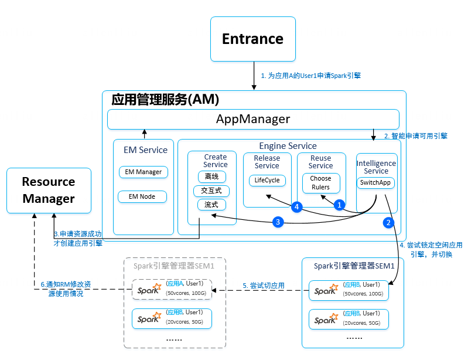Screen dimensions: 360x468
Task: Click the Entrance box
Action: (x=252, y=39)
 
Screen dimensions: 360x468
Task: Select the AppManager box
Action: (x=253, y=120)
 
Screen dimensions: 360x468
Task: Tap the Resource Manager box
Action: (x=49, y=190)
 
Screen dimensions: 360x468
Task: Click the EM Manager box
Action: (x=144, y=172)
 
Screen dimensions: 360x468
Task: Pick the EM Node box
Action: (x=144, y=196)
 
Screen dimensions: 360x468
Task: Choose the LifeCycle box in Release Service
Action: (x=267, y=180)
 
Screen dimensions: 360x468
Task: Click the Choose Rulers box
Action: (x=320, y=183)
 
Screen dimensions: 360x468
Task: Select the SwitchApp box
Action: (x=376, y=183)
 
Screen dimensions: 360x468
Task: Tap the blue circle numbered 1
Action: (x=338, y=205)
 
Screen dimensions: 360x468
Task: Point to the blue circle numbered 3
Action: (x=278, y=222)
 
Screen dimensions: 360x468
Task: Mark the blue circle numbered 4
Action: (x=297, y=206)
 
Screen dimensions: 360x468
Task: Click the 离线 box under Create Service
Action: (x=211, y=176)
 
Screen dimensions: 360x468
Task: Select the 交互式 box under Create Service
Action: (x=211, y=191)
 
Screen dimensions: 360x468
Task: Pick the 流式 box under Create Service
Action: (x=211, y=205)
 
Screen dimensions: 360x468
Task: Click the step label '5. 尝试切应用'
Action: (x=263, y=286)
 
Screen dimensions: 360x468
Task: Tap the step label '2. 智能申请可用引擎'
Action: (x=416, y=135)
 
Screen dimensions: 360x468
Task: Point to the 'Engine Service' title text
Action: (x=288, y=145)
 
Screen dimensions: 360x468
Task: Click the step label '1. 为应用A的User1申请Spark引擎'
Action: (x=311, y=76)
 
